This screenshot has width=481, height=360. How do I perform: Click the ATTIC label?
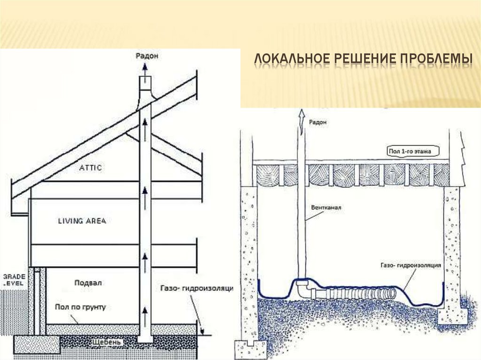tap(91, 167)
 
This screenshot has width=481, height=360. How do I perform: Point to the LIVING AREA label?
tap(82, 221)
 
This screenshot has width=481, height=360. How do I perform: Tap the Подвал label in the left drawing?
tap(88, 283)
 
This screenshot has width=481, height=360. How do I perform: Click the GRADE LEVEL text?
tap(13, 280)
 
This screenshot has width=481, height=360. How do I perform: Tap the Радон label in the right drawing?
tap(318, 122)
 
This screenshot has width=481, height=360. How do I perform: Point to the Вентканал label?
tap(324, 207)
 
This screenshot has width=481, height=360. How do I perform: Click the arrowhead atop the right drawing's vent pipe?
tap(301, 113)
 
